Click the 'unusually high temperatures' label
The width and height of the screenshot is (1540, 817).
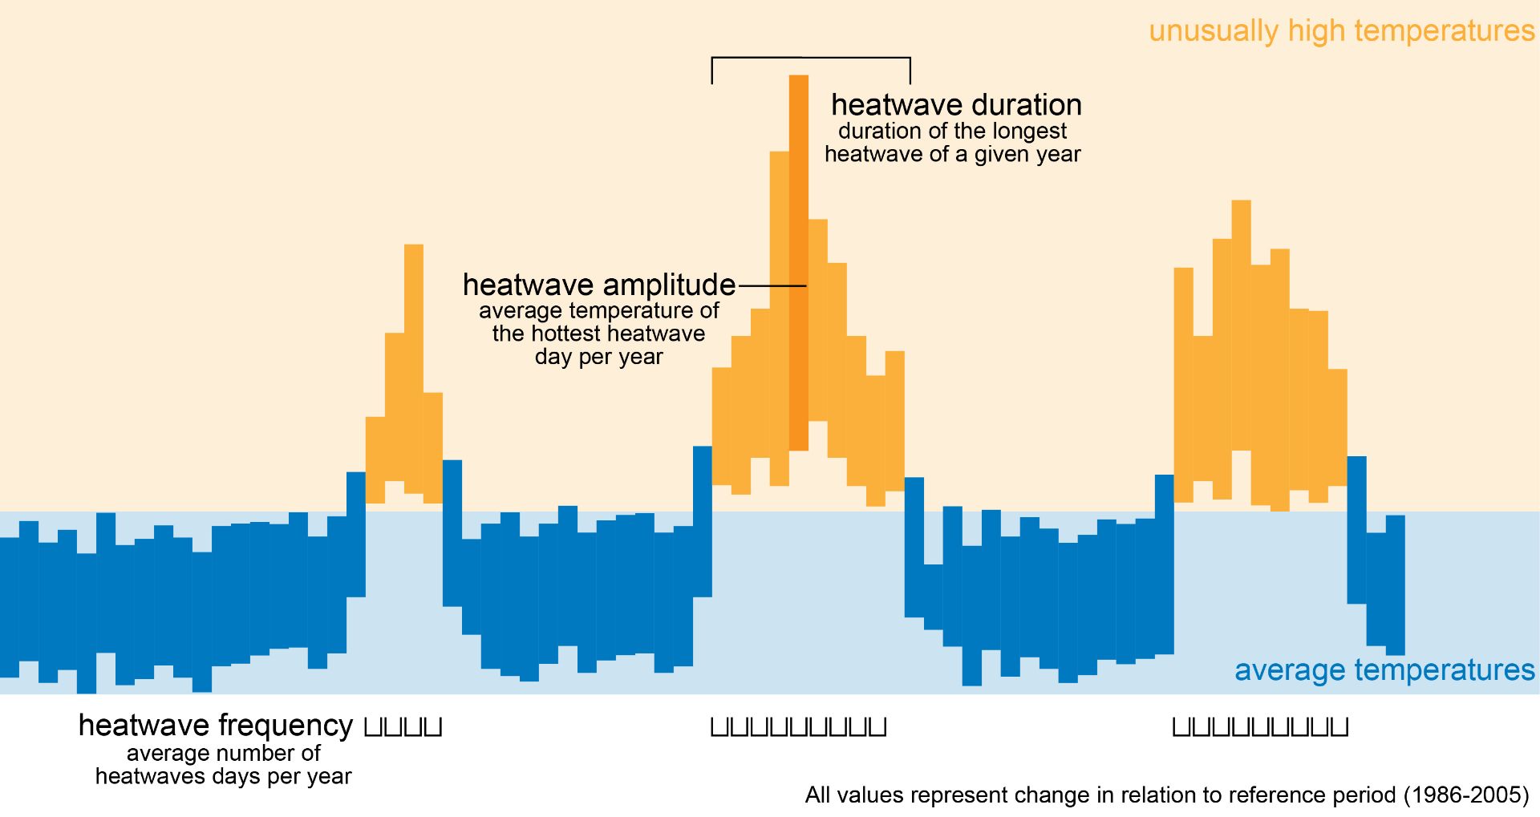1341,31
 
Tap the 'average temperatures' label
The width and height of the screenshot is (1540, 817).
1384,670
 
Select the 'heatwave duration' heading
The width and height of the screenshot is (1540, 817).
956,105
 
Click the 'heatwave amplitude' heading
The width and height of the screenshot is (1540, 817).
599,285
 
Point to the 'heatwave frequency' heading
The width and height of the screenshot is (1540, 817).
215,725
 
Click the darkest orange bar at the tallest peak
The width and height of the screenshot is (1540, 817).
799,262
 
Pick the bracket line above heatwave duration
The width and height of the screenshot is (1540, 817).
811,59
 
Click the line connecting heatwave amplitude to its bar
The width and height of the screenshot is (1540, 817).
772,285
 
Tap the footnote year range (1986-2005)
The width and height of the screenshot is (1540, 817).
1466,795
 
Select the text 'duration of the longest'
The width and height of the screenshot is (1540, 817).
952,131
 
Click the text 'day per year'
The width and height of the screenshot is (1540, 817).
598,357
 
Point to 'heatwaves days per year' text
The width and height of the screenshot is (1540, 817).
223,776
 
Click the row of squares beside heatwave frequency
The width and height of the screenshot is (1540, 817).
403,727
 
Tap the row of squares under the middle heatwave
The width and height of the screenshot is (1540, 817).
798,727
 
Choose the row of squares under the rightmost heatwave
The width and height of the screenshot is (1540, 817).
1260,727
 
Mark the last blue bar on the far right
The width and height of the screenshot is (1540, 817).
1395,584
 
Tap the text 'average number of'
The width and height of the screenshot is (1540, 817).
223,753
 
